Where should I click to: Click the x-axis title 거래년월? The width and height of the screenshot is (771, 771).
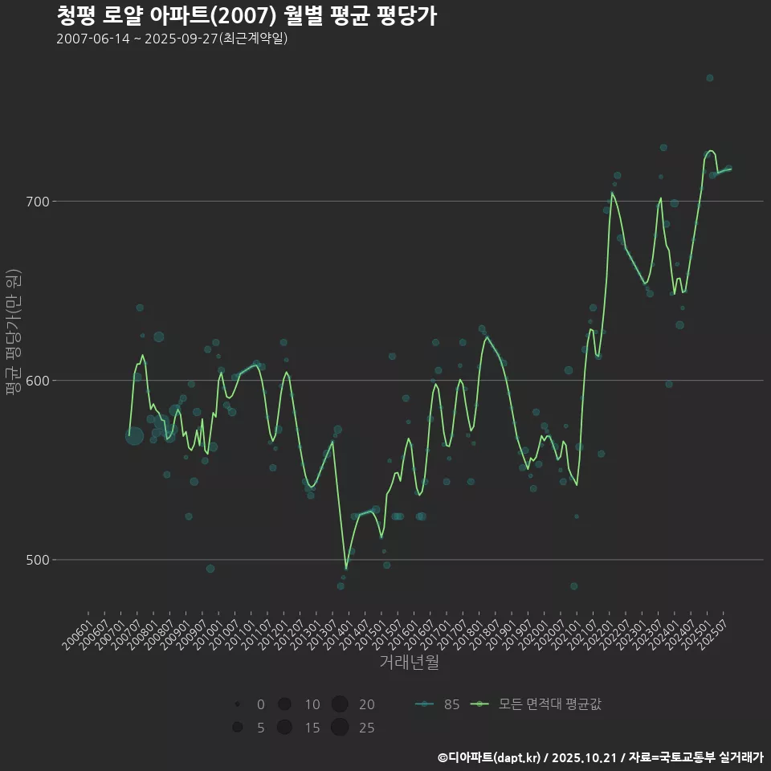[409, 663]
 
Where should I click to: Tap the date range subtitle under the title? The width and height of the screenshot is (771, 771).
[172, 39]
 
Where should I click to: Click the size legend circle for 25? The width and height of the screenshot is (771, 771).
[339, 728]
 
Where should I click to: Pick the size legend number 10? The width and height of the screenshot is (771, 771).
[312, 705]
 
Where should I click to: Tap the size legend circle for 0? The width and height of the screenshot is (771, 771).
[237, 704]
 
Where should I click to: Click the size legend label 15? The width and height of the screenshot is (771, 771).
[312, 728]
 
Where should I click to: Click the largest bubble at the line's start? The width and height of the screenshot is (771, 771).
[134, 436]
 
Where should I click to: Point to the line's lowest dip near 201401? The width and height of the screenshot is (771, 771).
[346, 569]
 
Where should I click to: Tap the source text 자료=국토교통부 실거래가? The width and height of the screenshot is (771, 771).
[696, 757]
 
